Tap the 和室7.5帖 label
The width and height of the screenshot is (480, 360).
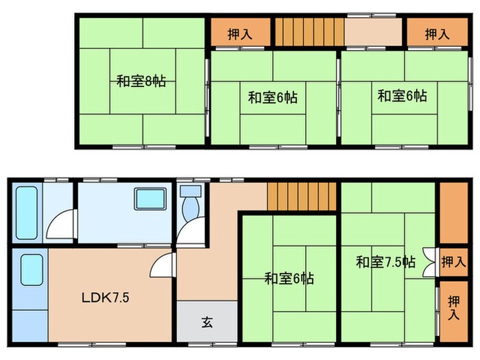pos(385,261)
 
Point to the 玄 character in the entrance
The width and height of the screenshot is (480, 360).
pos(206,321)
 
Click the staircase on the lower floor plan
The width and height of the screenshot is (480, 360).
pos(302,197)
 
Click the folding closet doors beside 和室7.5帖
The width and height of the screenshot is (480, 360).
pos(430,261)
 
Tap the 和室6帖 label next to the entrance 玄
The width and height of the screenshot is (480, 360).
pos(289,278)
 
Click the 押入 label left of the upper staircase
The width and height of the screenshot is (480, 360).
pos(239,34)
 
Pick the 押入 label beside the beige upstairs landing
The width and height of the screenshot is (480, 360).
pos(436,34)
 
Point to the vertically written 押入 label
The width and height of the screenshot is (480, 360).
pos(453,309)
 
